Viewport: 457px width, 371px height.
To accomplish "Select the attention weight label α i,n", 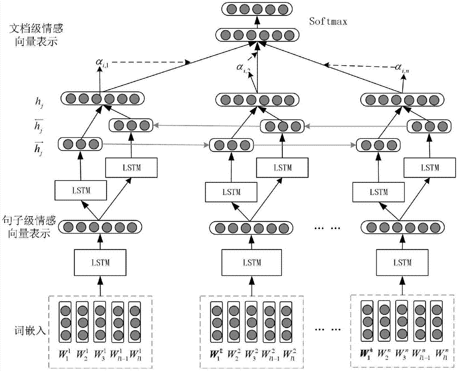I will coord(402,69).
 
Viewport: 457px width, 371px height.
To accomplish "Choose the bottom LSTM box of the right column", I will coord(402,263).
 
